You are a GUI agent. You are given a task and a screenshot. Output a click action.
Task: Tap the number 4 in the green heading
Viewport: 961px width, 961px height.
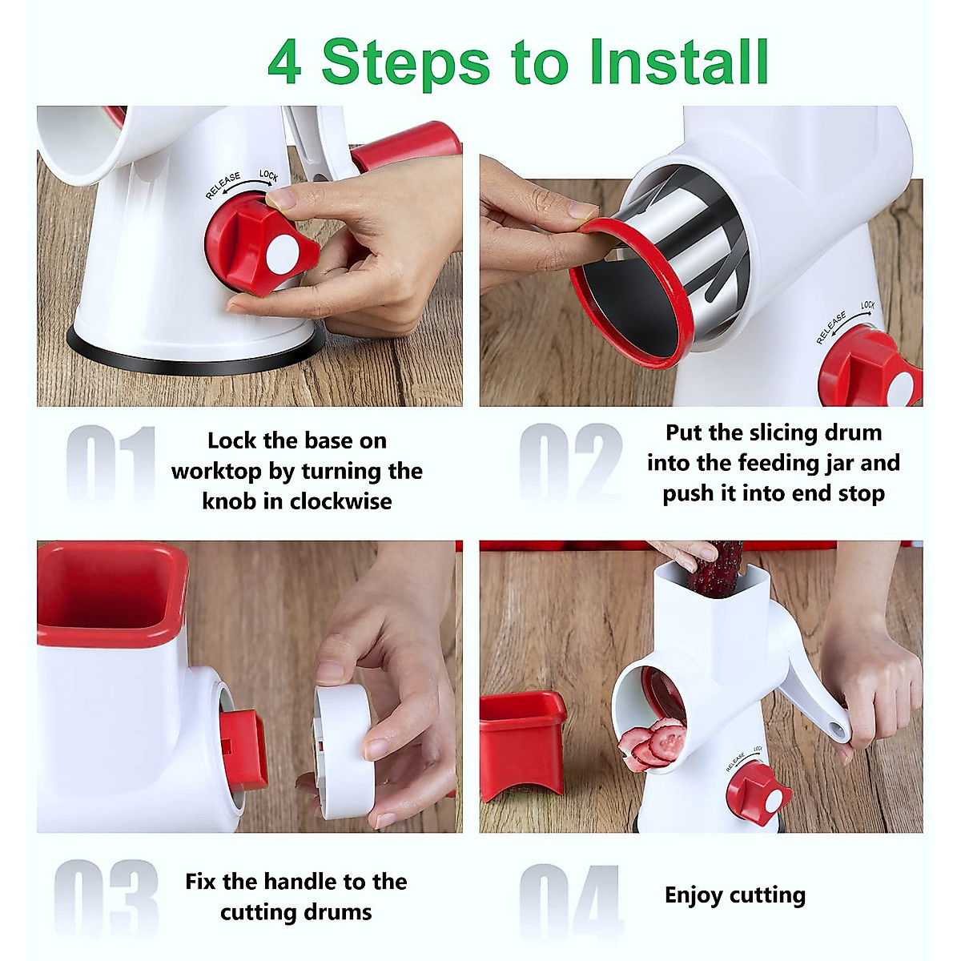coord(284,62)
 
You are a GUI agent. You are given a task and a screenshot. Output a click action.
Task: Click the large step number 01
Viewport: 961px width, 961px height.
coord(110,463)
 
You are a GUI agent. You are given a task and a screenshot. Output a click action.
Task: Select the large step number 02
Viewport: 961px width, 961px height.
coord(570,463)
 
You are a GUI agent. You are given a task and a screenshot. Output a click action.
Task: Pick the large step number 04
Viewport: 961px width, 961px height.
coord(570,900)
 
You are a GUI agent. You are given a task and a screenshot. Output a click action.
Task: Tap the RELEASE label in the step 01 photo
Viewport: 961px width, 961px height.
coord(223,186)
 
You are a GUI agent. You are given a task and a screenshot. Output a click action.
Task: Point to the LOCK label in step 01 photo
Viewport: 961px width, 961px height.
coord(268,175)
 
